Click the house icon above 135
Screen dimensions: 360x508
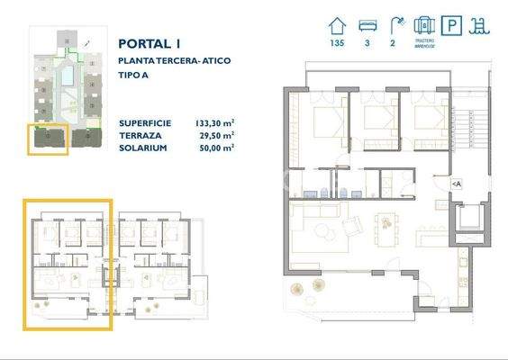point(338,24)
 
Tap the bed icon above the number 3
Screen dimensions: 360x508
point(367,24)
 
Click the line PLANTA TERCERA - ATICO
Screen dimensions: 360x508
point(175,60)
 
